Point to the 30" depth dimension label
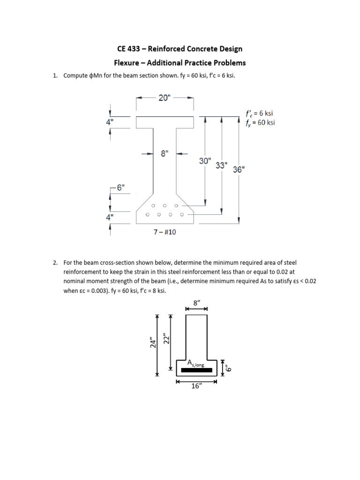pos(205,161)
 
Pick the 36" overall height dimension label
pos(239,170)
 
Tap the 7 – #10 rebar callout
pos(165,232)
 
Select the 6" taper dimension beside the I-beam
pos(120,187)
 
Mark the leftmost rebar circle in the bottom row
pos(147,215)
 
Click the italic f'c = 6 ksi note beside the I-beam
pos(259,113)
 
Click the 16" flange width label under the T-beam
pos(196,389)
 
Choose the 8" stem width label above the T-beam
pos(196,303)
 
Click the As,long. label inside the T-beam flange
pos(196,363)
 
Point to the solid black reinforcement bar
pos(196,370)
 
